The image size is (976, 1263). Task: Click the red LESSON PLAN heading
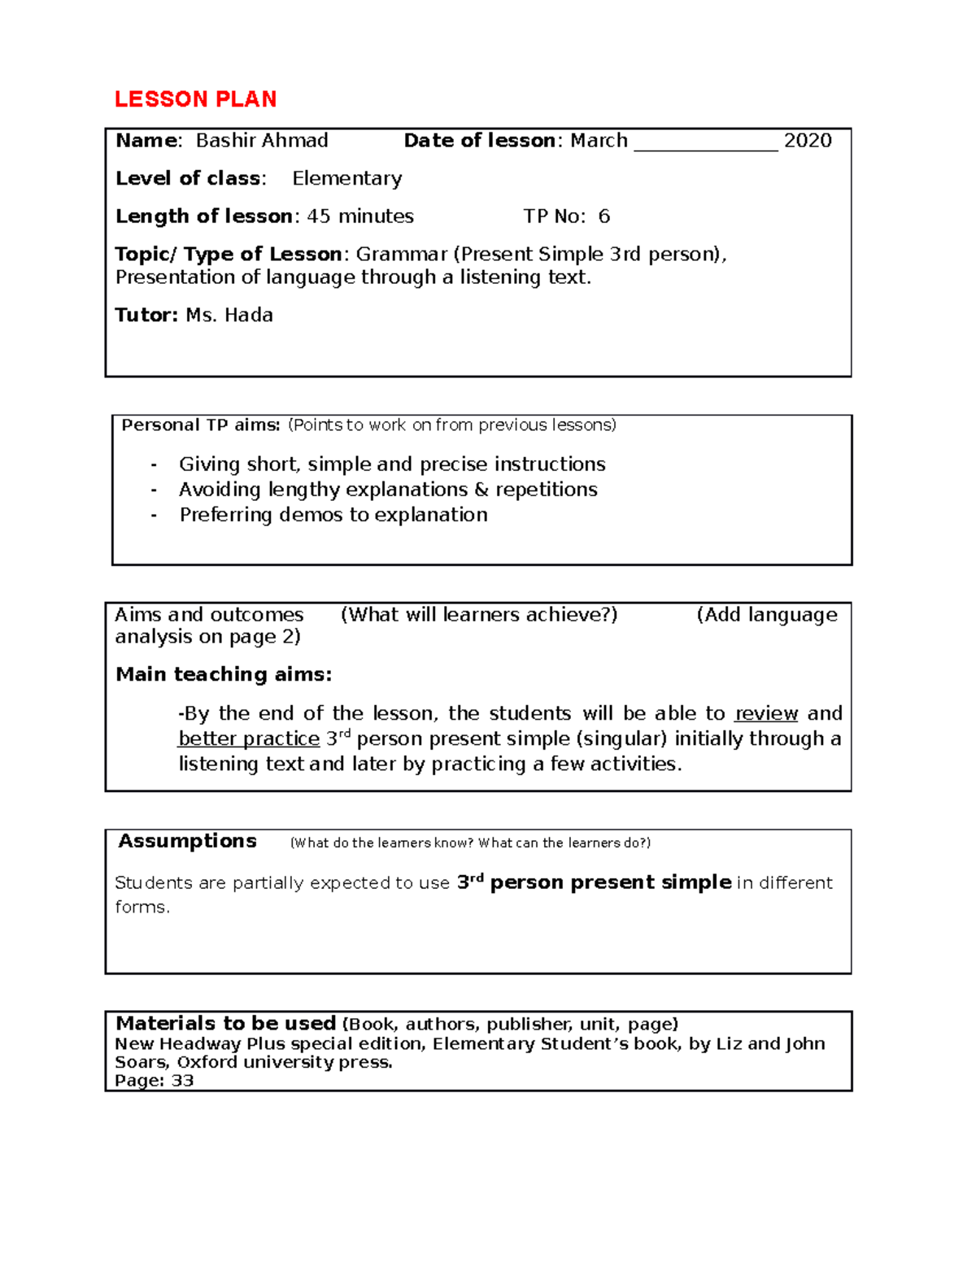click(x=195, y=99)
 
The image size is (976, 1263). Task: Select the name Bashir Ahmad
click(x=262, y=141)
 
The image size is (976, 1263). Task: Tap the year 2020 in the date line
click(x=807, y=141)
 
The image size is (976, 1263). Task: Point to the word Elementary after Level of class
click(x=346, y=179)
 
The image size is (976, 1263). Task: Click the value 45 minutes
click(x=359, y=216)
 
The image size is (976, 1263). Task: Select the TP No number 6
click(x=603, y=216)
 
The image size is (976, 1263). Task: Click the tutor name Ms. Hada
click(x=229, y=316)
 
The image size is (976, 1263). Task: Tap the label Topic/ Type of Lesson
click(x=228, y=255)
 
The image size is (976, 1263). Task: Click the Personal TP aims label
click(x=200, y=425)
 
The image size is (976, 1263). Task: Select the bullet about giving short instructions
click(x=392, y=464)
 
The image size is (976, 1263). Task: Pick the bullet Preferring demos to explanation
click(x=333, y=515)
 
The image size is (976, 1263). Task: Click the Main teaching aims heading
click(x=224, y=674)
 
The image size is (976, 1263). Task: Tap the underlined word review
click(x=765, y=714)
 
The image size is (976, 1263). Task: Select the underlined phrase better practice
click(x=249, y=739)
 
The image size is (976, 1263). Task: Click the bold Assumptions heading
click(x=187, y=842)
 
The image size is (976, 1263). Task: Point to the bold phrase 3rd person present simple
click(x=594, y=882)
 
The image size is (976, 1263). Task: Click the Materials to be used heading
click(x=225, y=1024)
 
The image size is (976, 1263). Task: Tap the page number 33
click(x=182, y=1081)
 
